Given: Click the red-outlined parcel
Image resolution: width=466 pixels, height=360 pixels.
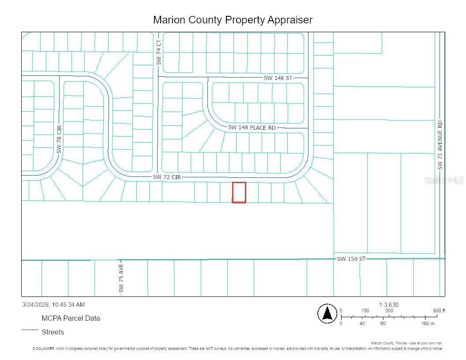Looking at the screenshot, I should [239, 192].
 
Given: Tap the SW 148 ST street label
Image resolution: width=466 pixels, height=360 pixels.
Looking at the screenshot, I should [278, 78].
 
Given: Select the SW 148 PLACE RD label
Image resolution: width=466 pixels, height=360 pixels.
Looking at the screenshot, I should [252, 127].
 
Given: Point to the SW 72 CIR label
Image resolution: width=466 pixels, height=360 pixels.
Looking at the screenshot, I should [167, 176].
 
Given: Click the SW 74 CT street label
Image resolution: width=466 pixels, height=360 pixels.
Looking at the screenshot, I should [159, 52].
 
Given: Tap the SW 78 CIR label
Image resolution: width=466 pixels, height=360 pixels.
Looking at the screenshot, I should [59, 139].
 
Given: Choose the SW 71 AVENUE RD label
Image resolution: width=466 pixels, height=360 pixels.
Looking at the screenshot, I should [440, 145].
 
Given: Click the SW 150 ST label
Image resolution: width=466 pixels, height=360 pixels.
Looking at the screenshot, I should [351, 259].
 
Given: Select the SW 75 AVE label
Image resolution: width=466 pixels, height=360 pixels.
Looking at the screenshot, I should [121, 278].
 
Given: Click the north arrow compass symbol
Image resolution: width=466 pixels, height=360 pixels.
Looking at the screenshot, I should [327, 314].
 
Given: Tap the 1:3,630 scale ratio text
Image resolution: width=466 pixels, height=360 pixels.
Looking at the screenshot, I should [388, 305].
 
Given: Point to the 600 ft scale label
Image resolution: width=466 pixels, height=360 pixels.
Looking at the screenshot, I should [439, 311].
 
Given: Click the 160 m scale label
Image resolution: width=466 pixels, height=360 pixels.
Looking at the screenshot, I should [428, 323].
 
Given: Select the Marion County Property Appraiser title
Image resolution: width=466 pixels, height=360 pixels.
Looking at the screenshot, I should [233, 20].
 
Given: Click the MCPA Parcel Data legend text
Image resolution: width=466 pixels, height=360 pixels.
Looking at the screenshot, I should [71, 318].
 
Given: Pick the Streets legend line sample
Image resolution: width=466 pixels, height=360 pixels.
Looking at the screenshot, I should [30, 330].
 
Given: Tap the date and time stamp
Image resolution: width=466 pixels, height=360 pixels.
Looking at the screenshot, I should [53, 304].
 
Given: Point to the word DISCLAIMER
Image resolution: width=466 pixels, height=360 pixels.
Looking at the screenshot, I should [43, 349].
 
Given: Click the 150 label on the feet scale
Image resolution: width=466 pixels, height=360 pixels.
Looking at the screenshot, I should [365, 311].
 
